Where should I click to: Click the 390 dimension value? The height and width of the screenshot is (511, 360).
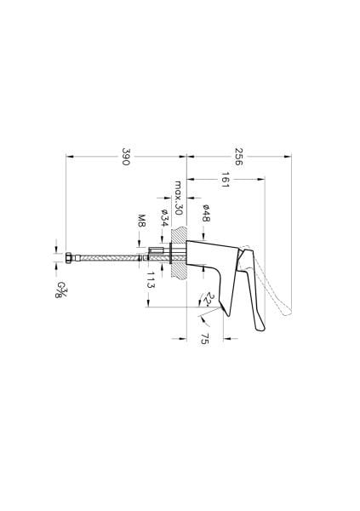tap(126, 158)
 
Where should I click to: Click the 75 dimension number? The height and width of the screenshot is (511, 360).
tap(205, 340)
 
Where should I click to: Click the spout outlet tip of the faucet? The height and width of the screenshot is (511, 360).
tap(224, 309)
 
